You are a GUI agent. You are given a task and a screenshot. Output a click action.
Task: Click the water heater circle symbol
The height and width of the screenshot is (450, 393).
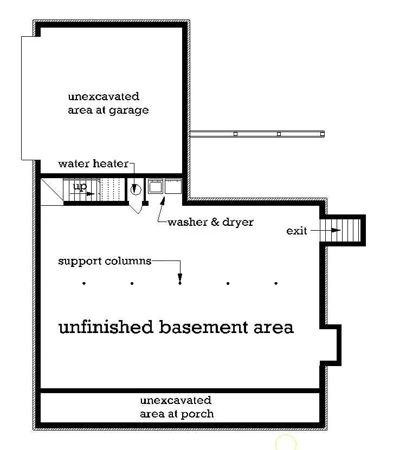click(136, 190)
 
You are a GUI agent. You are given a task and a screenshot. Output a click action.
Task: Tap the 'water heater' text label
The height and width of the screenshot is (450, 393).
click(93, 164)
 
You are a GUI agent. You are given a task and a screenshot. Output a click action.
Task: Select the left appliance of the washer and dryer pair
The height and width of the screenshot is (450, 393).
click(156, 186)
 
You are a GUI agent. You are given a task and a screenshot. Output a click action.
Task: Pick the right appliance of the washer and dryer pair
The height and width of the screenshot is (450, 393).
click(173, 186)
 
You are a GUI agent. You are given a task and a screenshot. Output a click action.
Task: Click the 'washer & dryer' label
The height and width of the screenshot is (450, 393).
click(210, 222)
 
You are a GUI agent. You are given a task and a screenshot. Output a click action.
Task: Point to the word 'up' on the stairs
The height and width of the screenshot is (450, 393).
click(80, 187)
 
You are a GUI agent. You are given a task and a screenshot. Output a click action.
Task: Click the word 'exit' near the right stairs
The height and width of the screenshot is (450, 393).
click(297, 231)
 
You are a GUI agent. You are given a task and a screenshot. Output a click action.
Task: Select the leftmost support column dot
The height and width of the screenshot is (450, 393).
click(84, 283)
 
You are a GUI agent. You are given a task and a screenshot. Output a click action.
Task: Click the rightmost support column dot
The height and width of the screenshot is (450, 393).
click(276, 283)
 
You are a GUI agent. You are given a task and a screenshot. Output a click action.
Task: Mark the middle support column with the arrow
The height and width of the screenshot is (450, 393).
click(180, 283)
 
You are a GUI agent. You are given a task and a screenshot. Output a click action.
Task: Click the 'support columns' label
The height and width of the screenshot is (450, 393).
click(105, 261)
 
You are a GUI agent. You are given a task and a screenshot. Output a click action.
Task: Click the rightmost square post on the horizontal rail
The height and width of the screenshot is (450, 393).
click(322, 134)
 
